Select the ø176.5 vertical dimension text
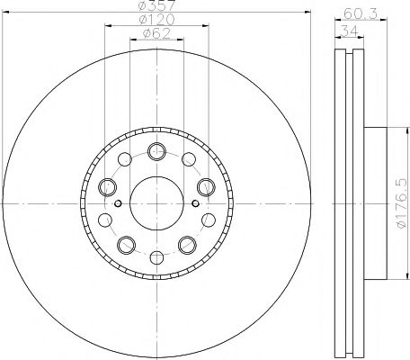point(401,206)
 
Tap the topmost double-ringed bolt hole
point(158,150)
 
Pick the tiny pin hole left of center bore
point(119,203)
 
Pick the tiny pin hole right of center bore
point(198,203)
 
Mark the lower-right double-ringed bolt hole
point(189,245)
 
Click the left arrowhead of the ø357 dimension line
point(13,15)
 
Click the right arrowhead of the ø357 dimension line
point(305,15)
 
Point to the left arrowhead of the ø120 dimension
point(107,29)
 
